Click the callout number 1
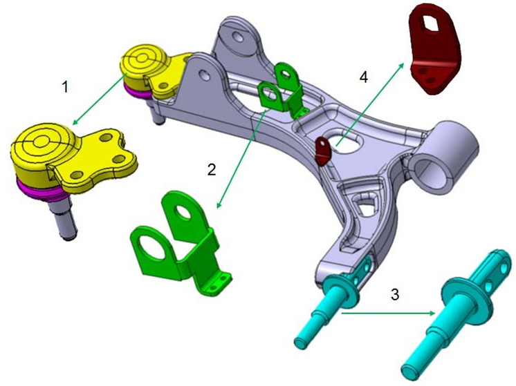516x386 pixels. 65,88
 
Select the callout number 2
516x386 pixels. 212,169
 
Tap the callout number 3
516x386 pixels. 395,294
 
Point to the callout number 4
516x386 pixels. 364,77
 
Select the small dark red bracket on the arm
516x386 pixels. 323,151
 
